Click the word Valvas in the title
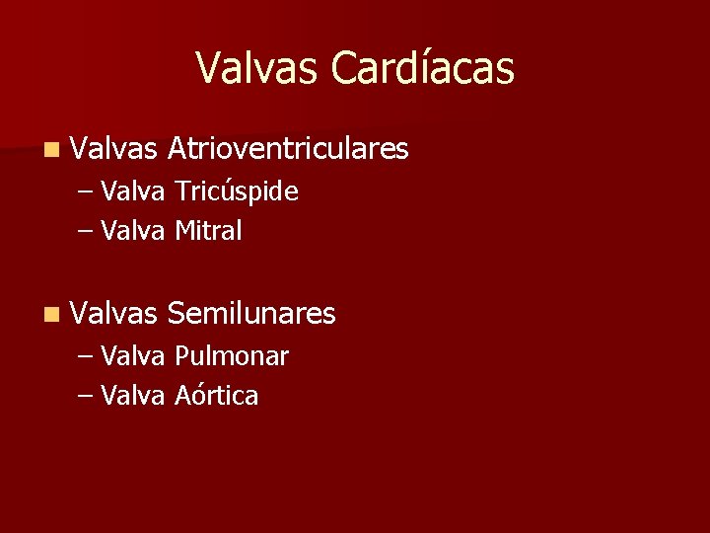coord(258,68)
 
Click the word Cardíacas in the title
coord(423,68)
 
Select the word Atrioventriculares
coord(288,149)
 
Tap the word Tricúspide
coord(237,191)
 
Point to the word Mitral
coord(208,231)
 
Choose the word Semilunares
coord(251,314)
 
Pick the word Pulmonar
coord(232,356)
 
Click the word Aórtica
coord(217,396)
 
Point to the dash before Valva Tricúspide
coord(86,192)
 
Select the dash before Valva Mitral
coord(86,232)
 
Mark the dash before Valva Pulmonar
coord(86,357)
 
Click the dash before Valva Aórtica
coord(86,397)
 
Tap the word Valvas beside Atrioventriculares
coord(114,149)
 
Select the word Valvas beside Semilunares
coord(114,314)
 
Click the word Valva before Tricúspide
coord(133,191)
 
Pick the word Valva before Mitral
coord(133,231)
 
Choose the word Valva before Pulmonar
coord(133,356)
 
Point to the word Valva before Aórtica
coord(133,396)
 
